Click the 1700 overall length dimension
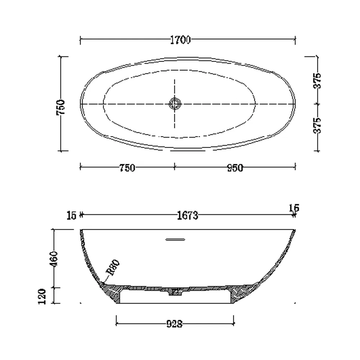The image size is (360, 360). click(180, 40)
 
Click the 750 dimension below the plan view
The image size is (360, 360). click(127, 168)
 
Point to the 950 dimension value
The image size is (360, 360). click(235, 168)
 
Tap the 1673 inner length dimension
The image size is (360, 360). click(187, 216)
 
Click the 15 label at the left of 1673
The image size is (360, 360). click(71, 216)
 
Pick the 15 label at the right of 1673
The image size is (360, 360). click(294, 208)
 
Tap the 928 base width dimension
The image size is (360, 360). click(175, 324)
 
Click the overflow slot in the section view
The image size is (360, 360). click(175, 239)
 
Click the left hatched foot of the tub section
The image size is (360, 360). click(114, 292)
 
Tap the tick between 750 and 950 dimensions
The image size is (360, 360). click(175, 166)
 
